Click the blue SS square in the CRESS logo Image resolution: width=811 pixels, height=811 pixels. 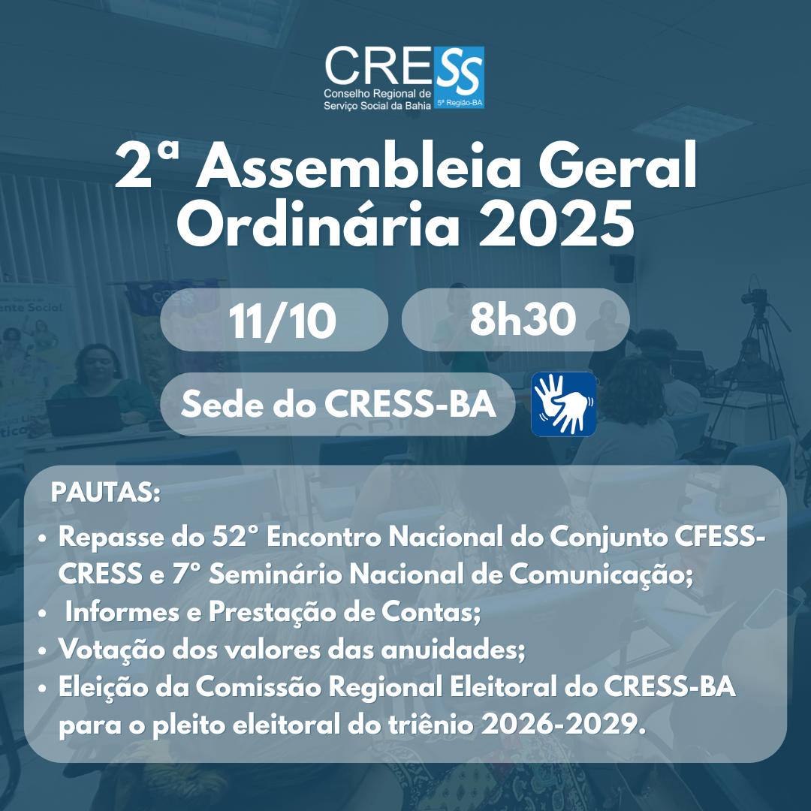459,77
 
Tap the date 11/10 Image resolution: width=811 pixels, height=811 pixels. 282,321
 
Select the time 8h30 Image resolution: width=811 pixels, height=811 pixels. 523,318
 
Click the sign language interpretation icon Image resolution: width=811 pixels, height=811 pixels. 563,404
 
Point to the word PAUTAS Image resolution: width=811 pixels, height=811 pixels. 106,493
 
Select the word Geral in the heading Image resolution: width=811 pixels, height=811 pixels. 617,165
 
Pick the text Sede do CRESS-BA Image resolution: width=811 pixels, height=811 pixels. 338,404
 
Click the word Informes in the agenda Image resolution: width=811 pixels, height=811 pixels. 122,612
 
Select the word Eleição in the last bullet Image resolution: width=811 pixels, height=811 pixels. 103,687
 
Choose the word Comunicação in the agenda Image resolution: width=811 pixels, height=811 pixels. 601,574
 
